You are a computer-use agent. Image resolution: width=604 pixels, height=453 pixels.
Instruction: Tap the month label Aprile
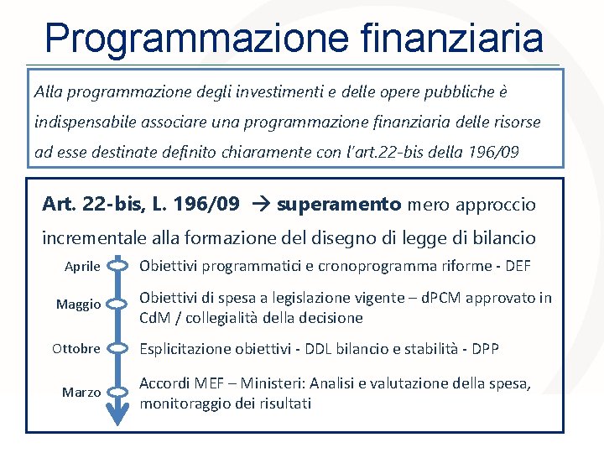[x=83, y=267]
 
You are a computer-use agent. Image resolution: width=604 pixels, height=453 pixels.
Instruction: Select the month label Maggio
[x=78, y=305]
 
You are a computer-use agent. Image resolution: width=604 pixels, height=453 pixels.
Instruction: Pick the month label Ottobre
[x=76, y=348]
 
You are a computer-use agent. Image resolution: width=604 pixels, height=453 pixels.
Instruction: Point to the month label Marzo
[x=82, y=393]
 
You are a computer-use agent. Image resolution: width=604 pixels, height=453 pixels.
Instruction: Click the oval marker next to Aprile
[x=118, y=267]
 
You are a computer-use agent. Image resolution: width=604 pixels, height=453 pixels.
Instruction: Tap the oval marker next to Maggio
[x=118, y=305]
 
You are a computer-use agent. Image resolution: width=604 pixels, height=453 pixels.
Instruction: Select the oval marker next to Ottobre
[x=118, y=348]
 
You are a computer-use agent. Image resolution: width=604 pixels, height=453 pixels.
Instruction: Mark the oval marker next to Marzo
[x=118, y=392]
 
